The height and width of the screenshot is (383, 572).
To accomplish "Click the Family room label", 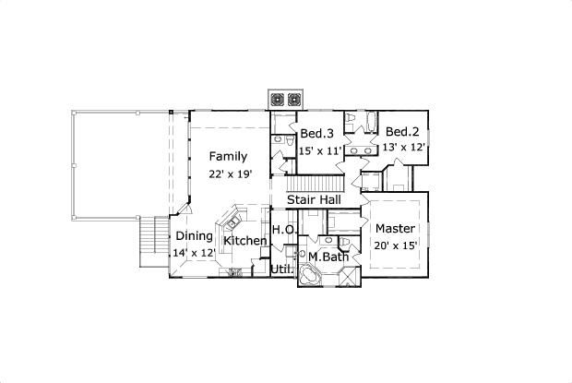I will click(226, 155).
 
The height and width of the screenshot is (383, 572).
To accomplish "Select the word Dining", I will click(194, 235).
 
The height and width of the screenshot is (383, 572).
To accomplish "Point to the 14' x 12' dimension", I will click(194, 252).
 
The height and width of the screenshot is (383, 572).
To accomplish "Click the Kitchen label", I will click(244, 241).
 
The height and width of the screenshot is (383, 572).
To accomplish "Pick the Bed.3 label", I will click(316, 134).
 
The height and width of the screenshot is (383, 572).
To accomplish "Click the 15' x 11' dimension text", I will click(320, 150).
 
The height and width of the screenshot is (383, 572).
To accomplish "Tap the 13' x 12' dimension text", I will click(403, 146).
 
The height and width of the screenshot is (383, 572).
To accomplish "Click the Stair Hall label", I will click(315, 199).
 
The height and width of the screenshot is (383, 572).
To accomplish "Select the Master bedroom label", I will click(395, 228).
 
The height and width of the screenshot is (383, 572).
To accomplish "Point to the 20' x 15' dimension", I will click(395, 245).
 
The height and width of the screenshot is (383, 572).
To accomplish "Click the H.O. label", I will click(282, 230).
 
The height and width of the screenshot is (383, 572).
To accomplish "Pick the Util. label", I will click(281, 269).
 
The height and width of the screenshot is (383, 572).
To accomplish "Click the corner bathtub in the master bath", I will click(311, 277).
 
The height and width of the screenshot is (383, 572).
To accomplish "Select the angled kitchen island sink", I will click(231, 221).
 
